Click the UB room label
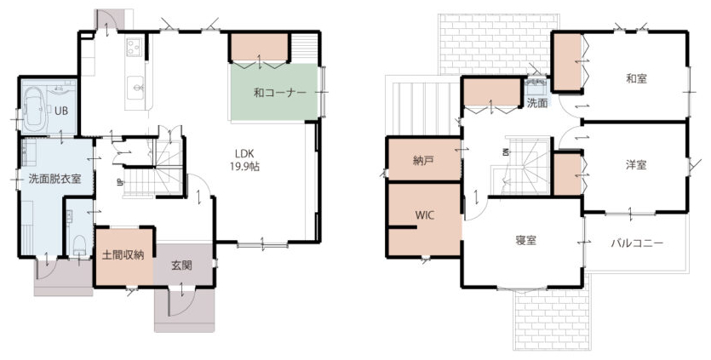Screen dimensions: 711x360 pyautogui.click(x=61, y=110)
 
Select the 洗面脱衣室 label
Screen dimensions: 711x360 pyautogui.click(x=54, y=179)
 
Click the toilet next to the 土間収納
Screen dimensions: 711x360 pyautogui.click(x=80, y=245)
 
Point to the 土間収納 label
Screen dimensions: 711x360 pyautogui.click(x=123, y=254)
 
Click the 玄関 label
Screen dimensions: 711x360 pyautogui.click(x=181, y=266)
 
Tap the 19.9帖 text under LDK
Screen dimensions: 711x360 pyautogui.click(x=244, y=167)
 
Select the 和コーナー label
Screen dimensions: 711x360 pyautogui.click(x=280, y=93)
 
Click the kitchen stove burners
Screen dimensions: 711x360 pyautogui.click(x=134, y=47)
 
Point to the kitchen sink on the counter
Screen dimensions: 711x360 pyautogui.click(x=135, y=86)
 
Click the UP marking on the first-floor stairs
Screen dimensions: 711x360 pyautogui.click(x=119, y=182)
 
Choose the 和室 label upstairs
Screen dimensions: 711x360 pyautogui.click(x=636, y=79)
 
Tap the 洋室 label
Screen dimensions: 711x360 pyautogui.click(x=636, y=165)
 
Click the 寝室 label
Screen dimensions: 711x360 pyautogui.click(x=526, y=241)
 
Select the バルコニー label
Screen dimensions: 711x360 pyautogui.click(x=637, y=243)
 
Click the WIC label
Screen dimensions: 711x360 pyautogui.click(x=424, y=215)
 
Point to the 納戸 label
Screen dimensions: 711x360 pyautogui.click(x=422, y=161)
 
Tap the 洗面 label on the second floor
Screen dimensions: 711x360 pyautogui.click(x=537, y=103)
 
